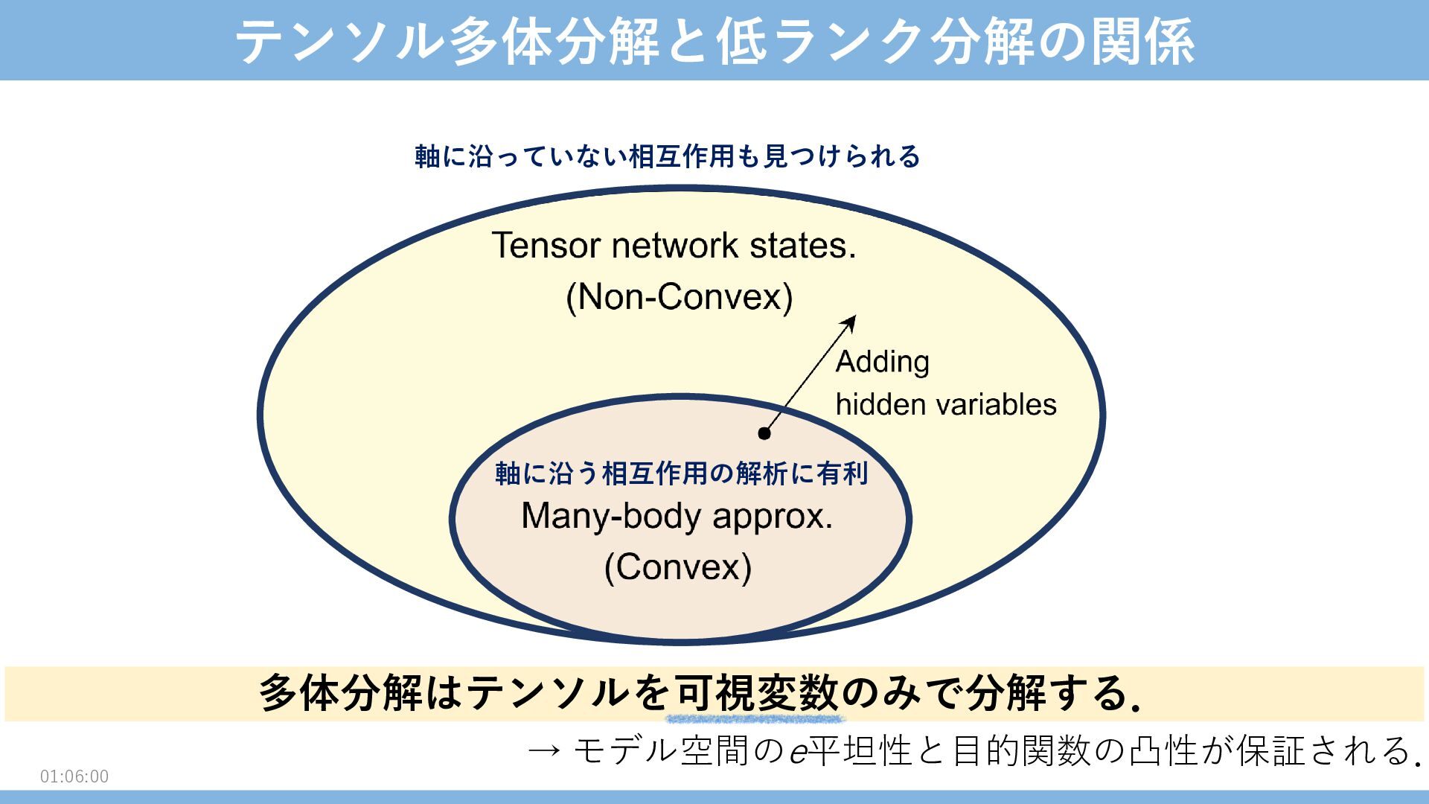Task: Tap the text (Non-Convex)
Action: point(679,297)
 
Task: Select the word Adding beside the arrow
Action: point(882,362)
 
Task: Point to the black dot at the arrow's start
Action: point(764,433)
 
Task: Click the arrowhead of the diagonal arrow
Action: point(850,322)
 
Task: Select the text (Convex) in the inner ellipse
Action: point(677,567)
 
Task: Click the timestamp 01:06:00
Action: point(74,776)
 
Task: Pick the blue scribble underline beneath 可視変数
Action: point(755,719)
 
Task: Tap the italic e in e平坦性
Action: point(798,752)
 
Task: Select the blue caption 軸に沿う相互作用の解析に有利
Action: point(681,473)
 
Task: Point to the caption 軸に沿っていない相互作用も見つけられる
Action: point(668,157)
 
